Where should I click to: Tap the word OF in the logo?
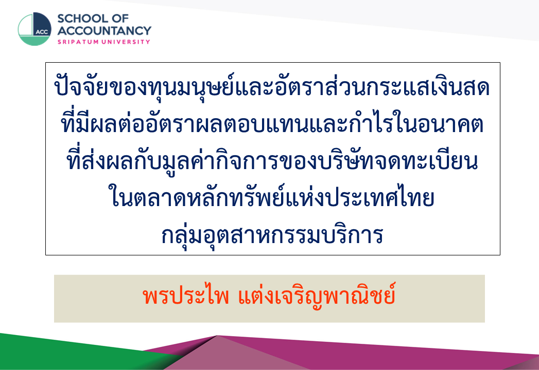[x=120, y=18]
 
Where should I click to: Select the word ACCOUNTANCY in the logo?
[x=104, y=30]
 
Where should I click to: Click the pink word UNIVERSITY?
[x=126, y=42]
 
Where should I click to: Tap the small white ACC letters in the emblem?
[x=42, y=32]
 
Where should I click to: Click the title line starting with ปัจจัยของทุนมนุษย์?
[x=272, y=86]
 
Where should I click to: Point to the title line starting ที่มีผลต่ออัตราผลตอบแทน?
[x=272, y=123]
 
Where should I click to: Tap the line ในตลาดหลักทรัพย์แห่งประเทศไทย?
[x=272, y=197]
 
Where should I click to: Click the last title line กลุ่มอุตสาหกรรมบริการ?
[x=272, y=235]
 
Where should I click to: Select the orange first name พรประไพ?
[x=186, y=295]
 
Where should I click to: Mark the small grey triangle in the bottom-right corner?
[x=528, y=364]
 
